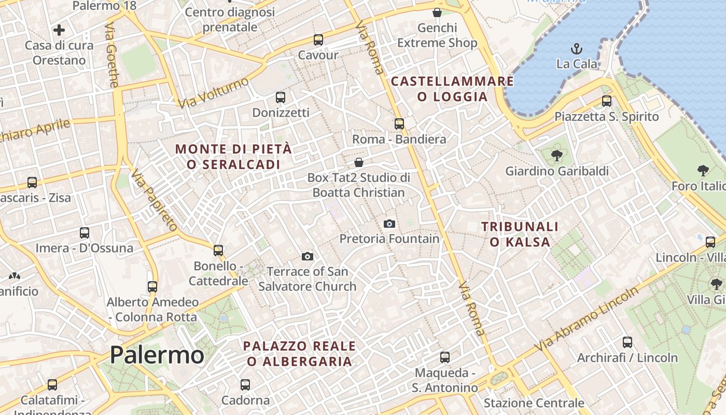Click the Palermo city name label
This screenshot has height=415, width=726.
click(157, 355)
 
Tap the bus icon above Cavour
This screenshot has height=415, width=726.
click(318, 40)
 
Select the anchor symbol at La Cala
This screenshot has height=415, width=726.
click(576, 49)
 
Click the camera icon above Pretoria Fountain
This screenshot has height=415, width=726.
click(389, 224)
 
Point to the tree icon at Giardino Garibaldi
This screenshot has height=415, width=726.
click(557, 155)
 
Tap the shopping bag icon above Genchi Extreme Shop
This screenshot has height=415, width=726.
click(437, 12)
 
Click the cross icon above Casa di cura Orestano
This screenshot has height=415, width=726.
click(59, 30)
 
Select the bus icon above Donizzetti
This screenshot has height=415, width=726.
click(281, 98)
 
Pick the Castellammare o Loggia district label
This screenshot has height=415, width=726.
click(452, 89)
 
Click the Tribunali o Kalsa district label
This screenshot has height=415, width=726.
click(520, 234)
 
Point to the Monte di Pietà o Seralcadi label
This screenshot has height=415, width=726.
click(233, 157)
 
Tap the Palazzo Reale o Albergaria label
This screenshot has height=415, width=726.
click(300, 353)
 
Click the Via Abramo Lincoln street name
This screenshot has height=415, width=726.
click(588, 319)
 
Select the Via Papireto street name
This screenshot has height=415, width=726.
click(154, 200)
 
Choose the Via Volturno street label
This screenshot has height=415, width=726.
click(213, 93)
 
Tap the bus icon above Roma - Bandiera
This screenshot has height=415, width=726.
click(399, 124)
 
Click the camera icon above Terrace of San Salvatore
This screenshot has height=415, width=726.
click(308, 256)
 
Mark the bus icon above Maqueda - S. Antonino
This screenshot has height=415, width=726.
click(444, 357)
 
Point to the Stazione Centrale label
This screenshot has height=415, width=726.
click(534, 403)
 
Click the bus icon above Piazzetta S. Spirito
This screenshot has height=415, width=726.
click(606, 101)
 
